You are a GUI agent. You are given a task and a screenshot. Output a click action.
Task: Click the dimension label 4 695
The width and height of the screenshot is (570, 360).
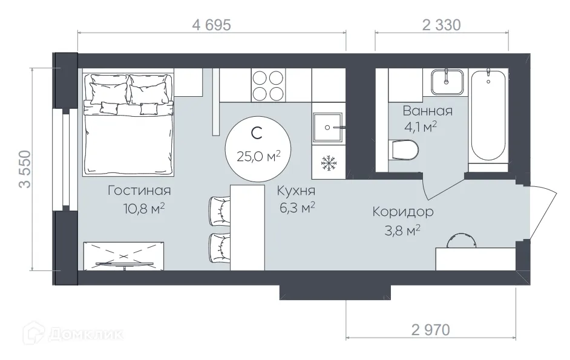212,25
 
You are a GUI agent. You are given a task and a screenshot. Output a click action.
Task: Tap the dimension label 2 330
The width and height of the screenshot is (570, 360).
441,25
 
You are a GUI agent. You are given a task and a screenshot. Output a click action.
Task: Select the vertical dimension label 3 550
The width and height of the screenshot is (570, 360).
25,169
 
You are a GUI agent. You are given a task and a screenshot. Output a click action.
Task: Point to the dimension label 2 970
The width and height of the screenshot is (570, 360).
430,330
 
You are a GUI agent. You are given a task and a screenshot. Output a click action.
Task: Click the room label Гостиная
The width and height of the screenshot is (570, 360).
139,191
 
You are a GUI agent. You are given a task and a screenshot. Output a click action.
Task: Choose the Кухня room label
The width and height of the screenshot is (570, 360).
296,191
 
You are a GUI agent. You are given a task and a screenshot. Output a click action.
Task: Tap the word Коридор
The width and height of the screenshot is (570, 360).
402,212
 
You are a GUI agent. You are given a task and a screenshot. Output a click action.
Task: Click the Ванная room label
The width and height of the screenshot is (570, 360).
428,111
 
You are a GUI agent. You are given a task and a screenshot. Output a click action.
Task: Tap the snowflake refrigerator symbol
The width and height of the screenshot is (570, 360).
328,163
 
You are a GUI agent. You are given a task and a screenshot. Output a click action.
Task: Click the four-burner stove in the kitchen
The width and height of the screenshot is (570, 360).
267,85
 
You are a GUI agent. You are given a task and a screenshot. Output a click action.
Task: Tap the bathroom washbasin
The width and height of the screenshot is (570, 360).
447,81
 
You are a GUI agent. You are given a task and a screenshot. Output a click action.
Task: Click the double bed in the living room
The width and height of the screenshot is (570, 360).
128,124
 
